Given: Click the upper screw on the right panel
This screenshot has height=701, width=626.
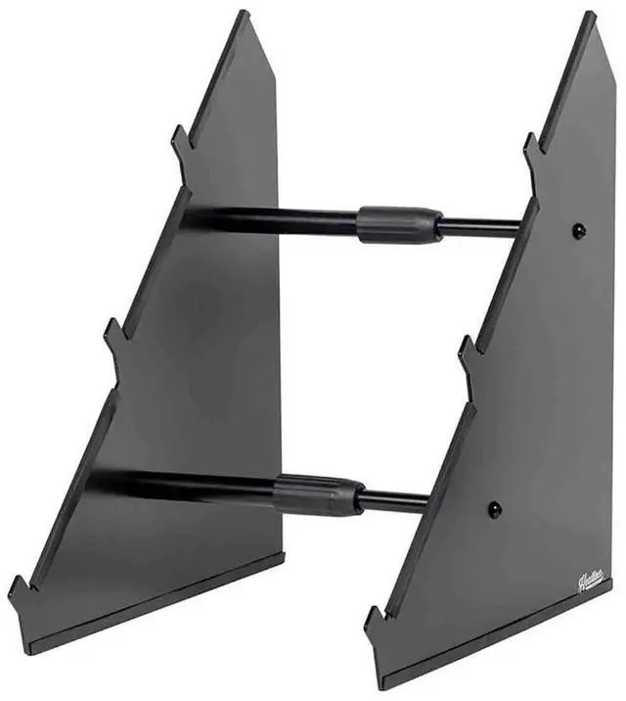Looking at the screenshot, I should (x=578, y=231).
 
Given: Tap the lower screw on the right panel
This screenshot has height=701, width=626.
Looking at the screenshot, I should (x=495, y=509).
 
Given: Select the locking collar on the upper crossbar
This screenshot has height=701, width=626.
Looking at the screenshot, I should (x=398, y=224).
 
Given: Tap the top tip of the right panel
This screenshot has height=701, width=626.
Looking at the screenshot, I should (x=591, y=16).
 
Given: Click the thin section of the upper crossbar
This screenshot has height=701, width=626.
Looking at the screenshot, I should (x=479, y=227).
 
